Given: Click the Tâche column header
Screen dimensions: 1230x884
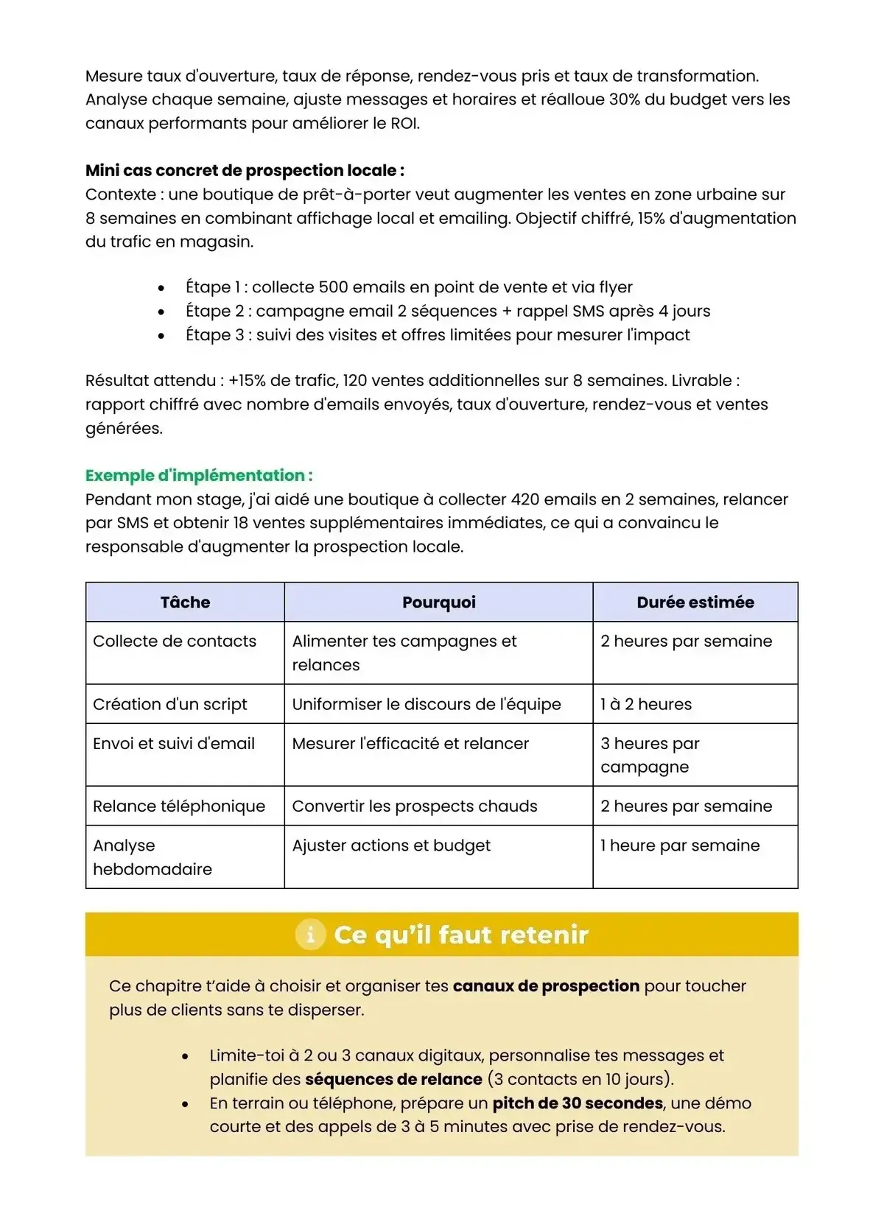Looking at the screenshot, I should tap(185, 602).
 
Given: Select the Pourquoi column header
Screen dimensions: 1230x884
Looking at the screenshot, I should tap(438, 602).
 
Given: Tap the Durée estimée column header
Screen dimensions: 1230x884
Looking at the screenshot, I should tap(695, 602).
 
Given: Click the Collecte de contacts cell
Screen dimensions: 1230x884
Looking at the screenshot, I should tap(175, 642).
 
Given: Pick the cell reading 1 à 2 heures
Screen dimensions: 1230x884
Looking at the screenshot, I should tap(646, 704).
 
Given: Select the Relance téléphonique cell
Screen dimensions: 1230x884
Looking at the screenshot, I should tap(179, 806).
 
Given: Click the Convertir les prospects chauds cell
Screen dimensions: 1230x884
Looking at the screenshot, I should tap(415, 806).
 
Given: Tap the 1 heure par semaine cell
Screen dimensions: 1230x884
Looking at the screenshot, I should tap(680, 846).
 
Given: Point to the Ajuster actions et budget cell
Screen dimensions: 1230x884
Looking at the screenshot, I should tap(391, 846).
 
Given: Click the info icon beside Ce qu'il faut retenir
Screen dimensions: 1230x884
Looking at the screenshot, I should tap(310, 935).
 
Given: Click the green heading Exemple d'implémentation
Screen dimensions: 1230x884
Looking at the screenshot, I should tap(199, 475).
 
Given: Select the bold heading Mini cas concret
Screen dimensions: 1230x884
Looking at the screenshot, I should tap(245, 171).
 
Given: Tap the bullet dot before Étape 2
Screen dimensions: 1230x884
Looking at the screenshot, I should tap(161, 312).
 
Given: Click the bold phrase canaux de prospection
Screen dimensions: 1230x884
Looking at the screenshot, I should tap(546, 986).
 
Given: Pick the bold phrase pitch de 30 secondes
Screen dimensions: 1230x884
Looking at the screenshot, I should tap(578, 1103).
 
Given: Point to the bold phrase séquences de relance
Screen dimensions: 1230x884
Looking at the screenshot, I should tap(393, 1080).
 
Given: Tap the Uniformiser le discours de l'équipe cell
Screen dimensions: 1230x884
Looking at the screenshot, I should tap(427, 704).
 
